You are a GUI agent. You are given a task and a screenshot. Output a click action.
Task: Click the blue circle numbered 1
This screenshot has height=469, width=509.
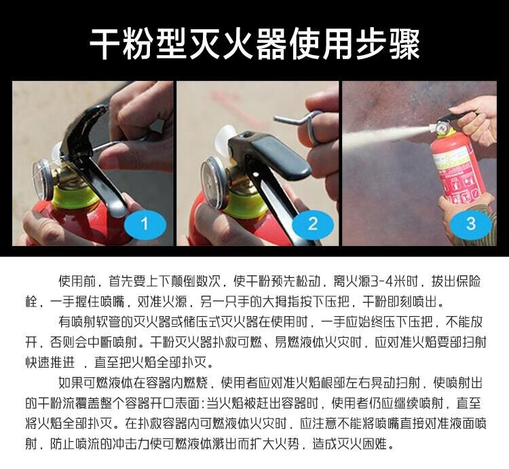(x=145, y=224)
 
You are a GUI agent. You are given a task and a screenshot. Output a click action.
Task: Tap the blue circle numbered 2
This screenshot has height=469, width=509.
(x=313, y=224)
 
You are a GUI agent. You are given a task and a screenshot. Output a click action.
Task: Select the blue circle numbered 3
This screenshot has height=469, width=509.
(x=471, y=224)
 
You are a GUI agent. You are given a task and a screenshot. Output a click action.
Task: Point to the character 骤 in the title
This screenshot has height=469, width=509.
(x=404, y=45)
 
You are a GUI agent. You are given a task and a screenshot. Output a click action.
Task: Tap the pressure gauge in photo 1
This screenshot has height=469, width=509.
(x=42, y=179)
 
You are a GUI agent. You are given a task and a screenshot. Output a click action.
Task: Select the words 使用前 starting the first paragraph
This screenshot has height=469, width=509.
(x=77, y=281)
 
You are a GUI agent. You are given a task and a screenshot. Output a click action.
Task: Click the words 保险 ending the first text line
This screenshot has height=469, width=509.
(x=468, y=281)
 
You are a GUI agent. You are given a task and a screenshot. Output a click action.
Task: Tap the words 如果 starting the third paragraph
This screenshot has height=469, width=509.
(x=71, y=383)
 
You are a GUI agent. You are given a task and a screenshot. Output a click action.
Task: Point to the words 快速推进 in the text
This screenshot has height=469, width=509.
(x=50, y=362)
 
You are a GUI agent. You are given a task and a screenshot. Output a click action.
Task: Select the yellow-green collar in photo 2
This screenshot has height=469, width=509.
(x=242, y=205)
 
